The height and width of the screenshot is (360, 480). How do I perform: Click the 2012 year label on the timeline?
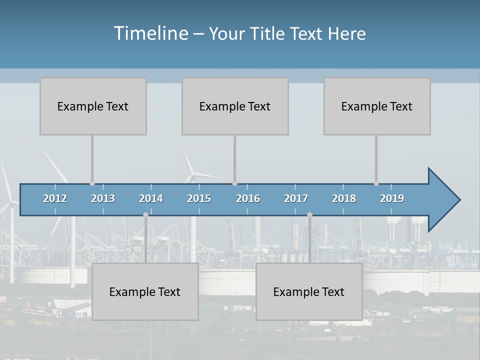pyautogui.click(x=55, y=198)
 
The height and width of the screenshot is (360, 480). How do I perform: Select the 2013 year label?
pyautogui.click(x=103, y=198)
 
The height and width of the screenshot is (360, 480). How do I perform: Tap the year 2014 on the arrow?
pyautogui.click(x=151, y=198)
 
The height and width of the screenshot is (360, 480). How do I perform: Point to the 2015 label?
pyautogui.click(x=199, y=198)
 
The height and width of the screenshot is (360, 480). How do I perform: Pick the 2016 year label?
pyautogui.click(x=248, y=198)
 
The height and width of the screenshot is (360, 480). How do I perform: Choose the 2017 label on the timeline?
pyautogui.click(x=296, y=198)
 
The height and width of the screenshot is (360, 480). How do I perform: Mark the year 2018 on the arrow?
pyautogui.click(x=344, y=198)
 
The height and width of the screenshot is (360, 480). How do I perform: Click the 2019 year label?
pyautogui.click(x=392, y=198)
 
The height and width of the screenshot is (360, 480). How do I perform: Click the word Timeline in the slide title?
pyautogui.click(x=150, y=33)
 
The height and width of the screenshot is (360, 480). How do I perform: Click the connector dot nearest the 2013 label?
pyautogui.click(x=92, y=183)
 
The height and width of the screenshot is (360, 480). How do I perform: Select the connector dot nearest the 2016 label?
pyautogui.click(x=234, y=183)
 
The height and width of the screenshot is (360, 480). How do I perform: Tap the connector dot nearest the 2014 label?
pyautogui.click(x=145, y=214)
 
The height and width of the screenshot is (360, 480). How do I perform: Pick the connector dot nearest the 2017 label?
pyautogui.click(x=309, y=214)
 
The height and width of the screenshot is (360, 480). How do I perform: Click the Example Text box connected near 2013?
pyautogui.click(x=93, y=106)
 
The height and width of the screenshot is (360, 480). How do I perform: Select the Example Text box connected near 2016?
pyautogui.click(x=235, y=106)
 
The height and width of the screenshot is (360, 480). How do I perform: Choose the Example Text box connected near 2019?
pyautogui.click(x=377, y=106)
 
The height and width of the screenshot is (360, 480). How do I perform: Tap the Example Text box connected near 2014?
pyautogui.click(x=145, y=291)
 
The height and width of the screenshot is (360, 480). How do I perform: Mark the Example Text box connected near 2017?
pyautogui.click(x=309, y=291)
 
